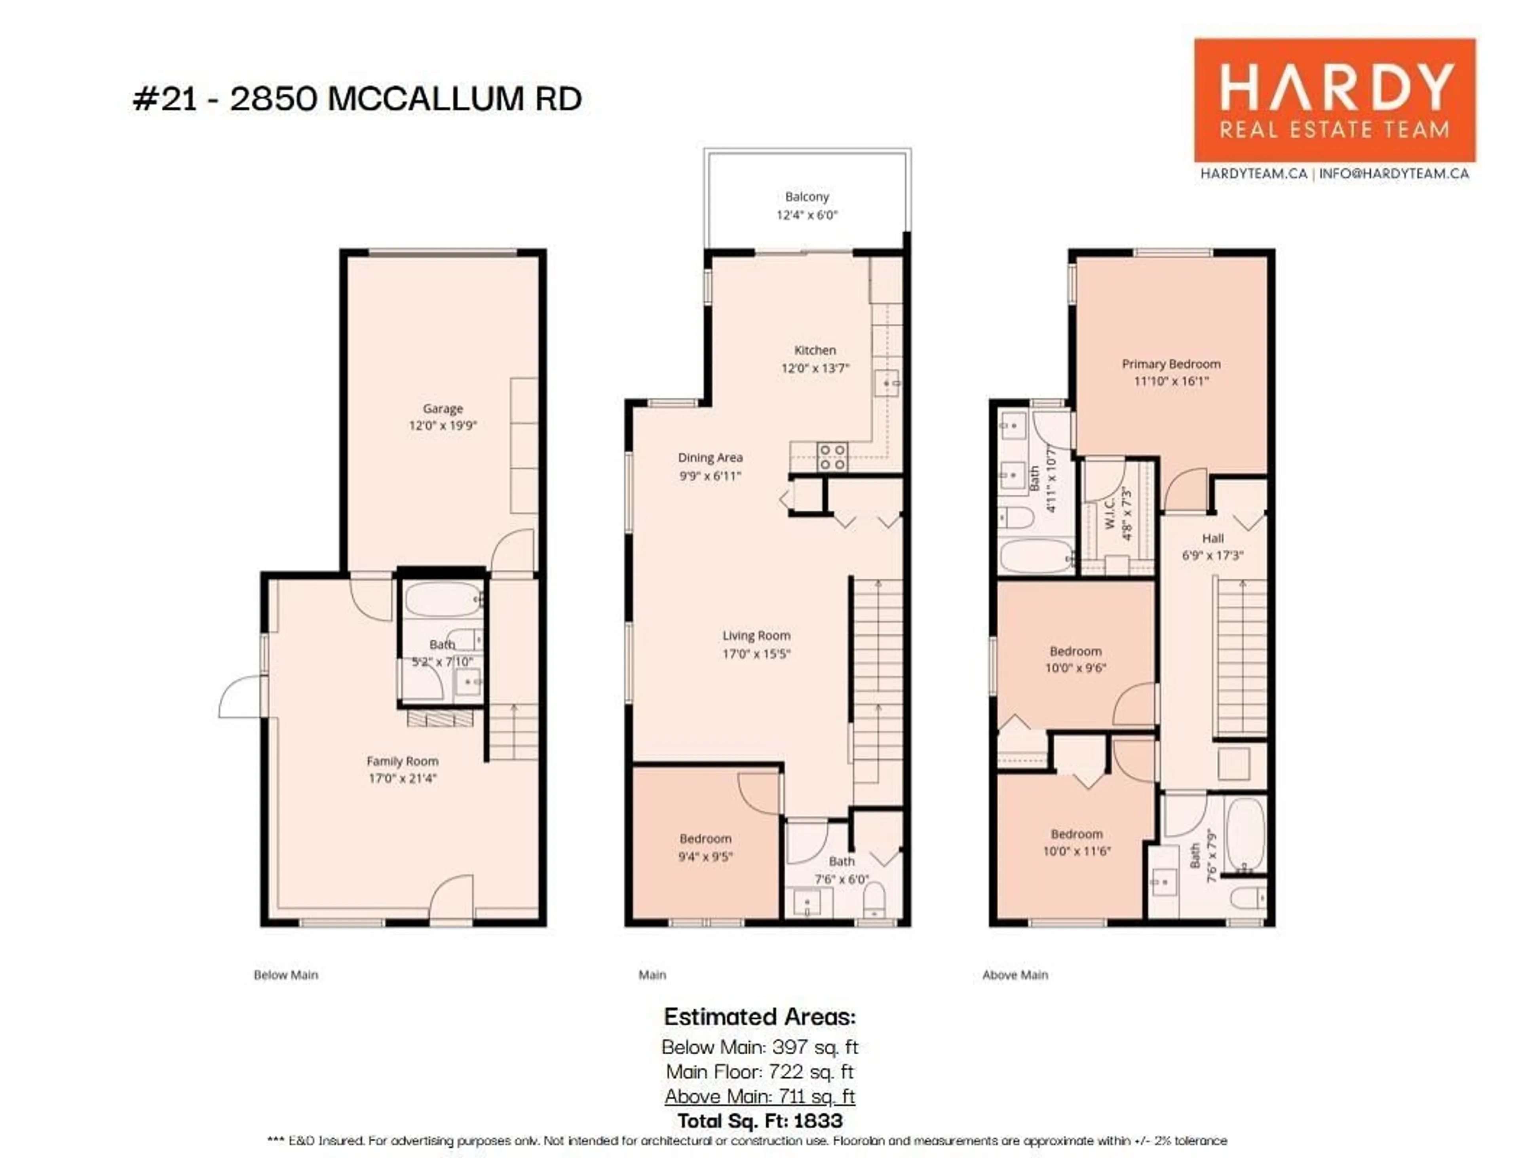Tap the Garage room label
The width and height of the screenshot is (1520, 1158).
click(443, 409)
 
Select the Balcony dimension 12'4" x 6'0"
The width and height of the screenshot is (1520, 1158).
click(807, 215)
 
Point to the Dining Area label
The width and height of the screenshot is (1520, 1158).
click(710, 458)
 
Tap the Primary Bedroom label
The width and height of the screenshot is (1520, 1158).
click(1170, 364)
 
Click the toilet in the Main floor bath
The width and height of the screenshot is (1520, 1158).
click(874, 900)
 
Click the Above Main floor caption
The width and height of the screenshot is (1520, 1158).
click(1015, 975)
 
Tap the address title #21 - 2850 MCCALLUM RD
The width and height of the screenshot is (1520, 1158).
click(357, 99)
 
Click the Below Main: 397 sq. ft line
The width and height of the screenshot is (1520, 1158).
click(760, 1048)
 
